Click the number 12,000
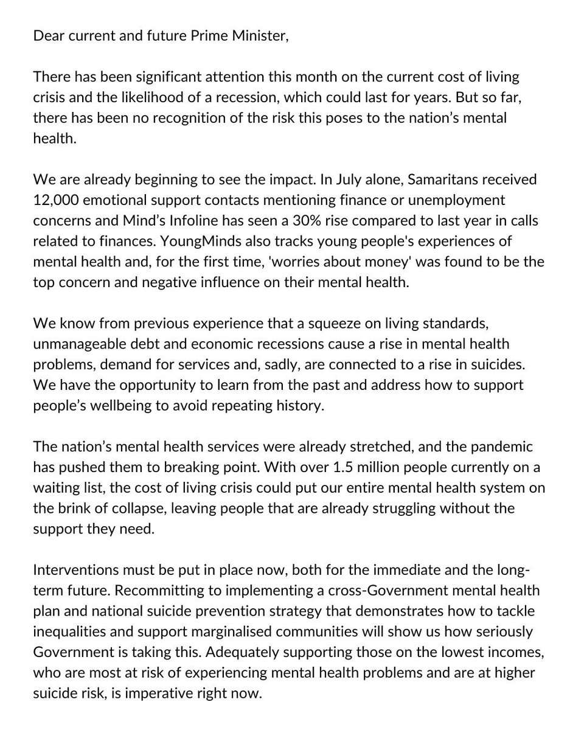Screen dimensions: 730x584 (x=56, y=200)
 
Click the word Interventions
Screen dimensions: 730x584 (x=76, y=570)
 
